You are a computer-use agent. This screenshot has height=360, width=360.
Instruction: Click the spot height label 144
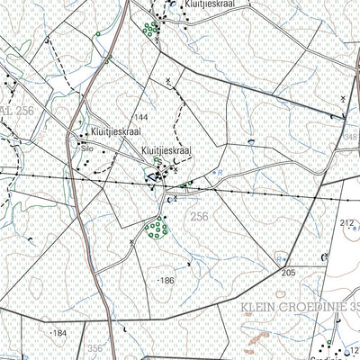140,119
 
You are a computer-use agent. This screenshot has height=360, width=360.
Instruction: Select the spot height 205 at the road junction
288,272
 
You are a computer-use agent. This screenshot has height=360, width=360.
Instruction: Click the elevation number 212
348,221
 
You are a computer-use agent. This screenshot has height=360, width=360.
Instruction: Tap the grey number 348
350,136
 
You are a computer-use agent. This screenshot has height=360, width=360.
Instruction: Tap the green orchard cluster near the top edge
149,29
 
